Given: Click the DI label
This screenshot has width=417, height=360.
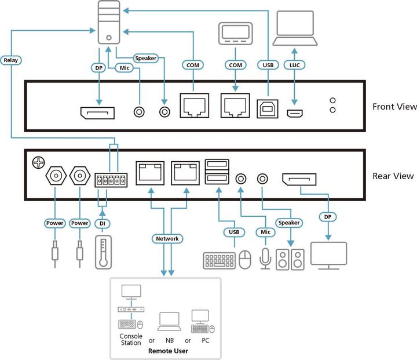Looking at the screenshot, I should [103, 223].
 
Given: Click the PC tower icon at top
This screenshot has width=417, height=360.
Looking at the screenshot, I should [108, 23].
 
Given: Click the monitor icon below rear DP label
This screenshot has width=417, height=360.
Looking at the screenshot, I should [328, 256].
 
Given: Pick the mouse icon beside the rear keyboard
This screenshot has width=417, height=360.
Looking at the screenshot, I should [245, 259].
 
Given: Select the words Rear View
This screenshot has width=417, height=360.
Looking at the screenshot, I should [392, 176].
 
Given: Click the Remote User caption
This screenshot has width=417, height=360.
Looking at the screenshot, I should [167, 351].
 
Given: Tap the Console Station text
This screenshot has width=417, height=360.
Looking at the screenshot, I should [131, 339].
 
